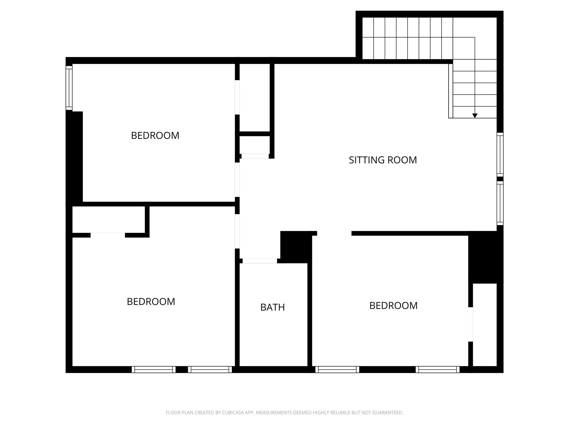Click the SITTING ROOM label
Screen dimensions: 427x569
(x=383, y=160)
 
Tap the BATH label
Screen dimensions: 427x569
(x=272, y=307)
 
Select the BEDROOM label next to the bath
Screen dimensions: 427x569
(x=393, y=306)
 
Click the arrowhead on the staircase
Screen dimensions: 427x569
(x=475, y=116)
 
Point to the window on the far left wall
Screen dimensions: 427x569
(x=69, y=88)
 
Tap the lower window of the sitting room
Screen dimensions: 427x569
(x=500, y=203)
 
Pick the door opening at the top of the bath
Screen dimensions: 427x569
(x=259, y=261)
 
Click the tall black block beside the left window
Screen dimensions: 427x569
(x=74, y=157)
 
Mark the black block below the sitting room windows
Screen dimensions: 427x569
(x=485, y=257)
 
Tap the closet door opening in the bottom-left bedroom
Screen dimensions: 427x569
(x=108, y=235)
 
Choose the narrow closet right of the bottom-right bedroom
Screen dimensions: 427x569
(x=485, y=325)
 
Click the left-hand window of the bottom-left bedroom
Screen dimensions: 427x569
(x=153, y=369)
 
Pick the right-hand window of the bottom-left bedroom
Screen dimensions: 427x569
(x=210, y=369)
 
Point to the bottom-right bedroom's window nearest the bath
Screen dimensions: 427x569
(x=337, y=369)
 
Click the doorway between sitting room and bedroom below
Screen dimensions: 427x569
(x=334, y=233)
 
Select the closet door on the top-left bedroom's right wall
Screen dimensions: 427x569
(x=237, y=97)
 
